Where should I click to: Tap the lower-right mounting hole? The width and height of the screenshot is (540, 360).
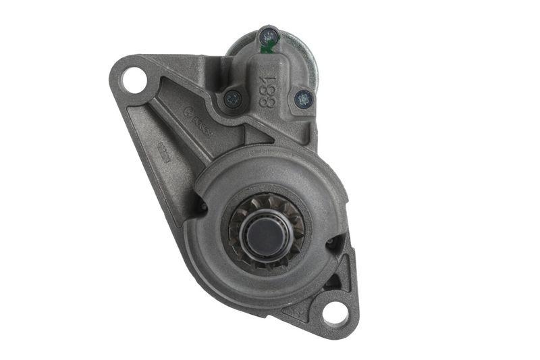pos(335,312)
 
